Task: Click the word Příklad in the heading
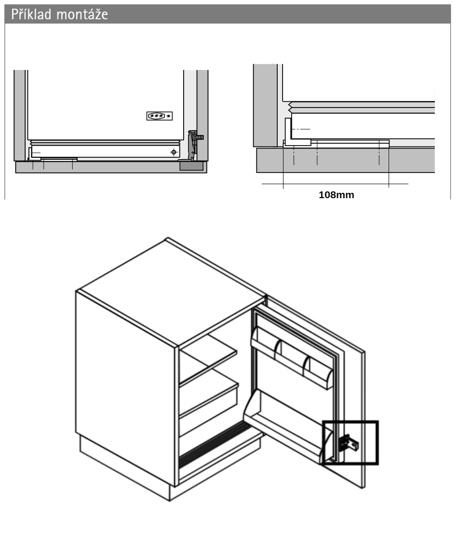[x=31, y=14]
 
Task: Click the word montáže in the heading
[x=82, y=14]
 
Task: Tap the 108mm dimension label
[x=336, y=195]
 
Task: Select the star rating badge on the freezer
[x=160, y=116]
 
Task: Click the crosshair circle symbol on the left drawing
[x=174, y=152]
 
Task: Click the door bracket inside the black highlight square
[x=349, y=444]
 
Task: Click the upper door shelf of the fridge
[x=292, y=358]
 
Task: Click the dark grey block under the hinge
[x=191, y=166]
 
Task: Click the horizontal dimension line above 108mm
[x=335, y=184]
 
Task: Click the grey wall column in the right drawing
[x=265, y=105]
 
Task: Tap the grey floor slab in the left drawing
[x=111, y=167]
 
